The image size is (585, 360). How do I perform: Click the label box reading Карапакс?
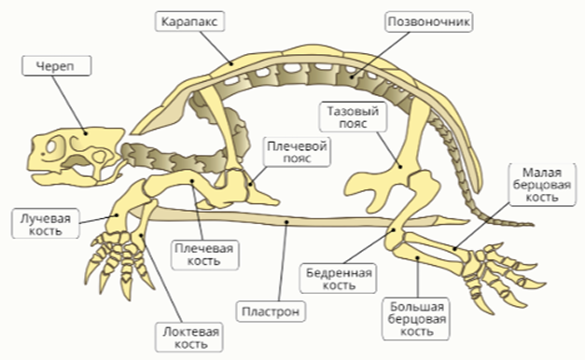click(x=189, y=21)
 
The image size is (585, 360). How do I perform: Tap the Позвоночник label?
click(x=428, y=21)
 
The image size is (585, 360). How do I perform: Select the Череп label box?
click(x=56, y=66)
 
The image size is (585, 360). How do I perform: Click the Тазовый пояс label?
click(x=353, y=118)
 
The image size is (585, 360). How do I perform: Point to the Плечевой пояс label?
click(x=297, y=152)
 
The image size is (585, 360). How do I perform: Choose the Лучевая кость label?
click(x=46, y=224)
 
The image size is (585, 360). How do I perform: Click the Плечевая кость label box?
click(x=204, y=255)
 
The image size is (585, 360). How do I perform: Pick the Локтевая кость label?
click(x=189, y=338)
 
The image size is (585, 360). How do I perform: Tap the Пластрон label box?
click(x=271, y=312)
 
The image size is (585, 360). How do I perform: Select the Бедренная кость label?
click(x=338, y=278)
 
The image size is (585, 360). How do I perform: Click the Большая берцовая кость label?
click(x=416, y=319)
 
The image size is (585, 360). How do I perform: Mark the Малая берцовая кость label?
click(x=542, y=185)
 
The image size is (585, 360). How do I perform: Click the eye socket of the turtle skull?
click(x=51, y=146)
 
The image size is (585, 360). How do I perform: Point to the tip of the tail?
click(x=534, y=225)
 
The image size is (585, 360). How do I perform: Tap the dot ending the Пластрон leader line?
click(x=286, y=222)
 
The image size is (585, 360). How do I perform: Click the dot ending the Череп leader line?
click(x=86, y=132)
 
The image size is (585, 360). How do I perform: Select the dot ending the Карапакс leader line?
click(x=231, y=63)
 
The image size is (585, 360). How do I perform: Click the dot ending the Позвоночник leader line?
click(x=352, y=77)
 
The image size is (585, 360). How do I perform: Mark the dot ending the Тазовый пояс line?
click(x=399, y=167)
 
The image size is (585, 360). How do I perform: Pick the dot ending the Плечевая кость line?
click(x=192, y=181)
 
